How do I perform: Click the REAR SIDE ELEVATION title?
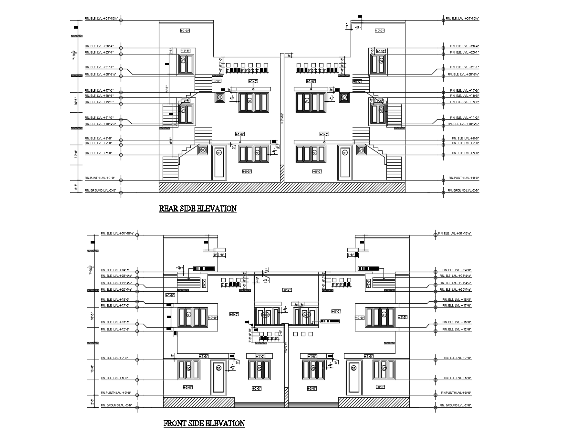(197, 208)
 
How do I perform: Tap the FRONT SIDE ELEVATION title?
(204, 423)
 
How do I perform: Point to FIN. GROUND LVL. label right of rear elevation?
(463, 191)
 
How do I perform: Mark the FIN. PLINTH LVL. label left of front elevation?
(116, 393)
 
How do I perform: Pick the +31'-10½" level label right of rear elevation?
(462, 19)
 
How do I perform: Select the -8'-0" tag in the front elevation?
(287, 290)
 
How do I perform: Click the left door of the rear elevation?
(218, 161)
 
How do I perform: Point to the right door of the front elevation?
(353, 377)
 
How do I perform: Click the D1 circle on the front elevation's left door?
(218, 368)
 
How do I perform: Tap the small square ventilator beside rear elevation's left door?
(203, 150)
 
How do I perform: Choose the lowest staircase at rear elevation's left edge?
(170, 168)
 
